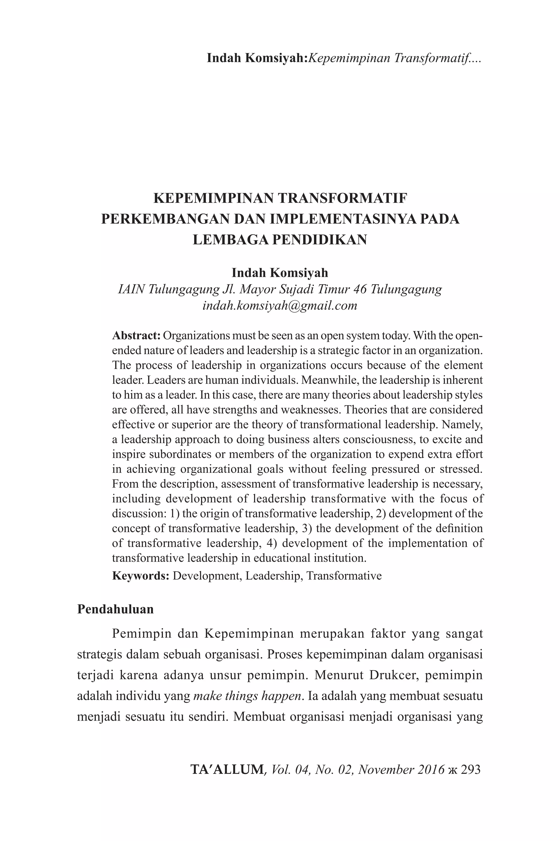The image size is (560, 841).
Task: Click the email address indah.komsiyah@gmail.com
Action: click(280, 306)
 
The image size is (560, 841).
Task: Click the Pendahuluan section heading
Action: click(115, 609)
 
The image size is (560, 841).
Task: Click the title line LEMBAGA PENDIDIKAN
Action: click(280, 239)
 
